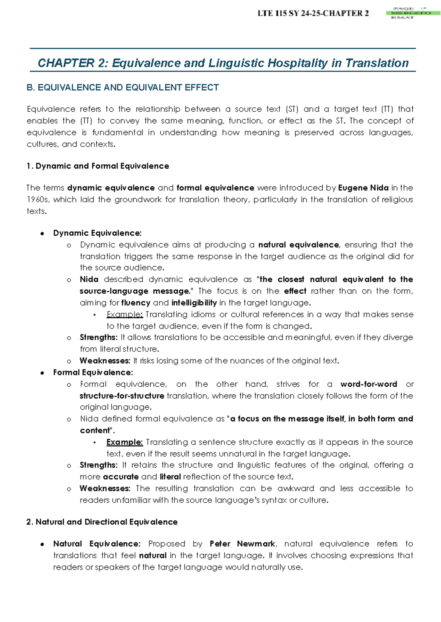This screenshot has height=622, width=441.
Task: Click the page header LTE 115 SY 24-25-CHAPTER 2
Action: (x=313, y=14)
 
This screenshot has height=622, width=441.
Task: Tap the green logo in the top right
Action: (x=413, y=13)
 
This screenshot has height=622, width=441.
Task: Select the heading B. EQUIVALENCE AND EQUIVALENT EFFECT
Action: (x=123, y=88)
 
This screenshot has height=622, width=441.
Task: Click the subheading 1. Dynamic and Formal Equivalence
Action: (x=98, y=166)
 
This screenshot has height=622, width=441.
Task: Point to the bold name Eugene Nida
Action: (x=363, y=188)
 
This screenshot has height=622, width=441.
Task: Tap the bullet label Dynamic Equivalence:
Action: (x=97, y=233)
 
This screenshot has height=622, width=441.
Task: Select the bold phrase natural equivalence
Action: (x=298, y=245)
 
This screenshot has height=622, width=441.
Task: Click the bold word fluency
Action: (x=136, y=303)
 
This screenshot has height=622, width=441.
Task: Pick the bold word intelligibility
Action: (x=194, y=303)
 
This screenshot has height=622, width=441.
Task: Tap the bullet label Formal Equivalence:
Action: (x=93, y=373)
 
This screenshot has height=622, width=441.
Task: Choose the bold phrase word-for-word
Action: (x=369, y=384)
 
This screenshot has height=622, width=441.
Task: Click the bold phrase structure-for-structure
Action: (x=122, y=396)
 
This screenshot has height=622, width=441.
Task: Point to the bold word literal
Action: (x=170, y=477)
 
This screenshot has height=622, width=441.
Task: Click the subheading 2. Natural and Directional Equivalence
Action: (x=102, y=522)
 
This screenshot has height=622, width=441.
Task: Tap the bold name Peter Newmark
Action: (x=243, y=544)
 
